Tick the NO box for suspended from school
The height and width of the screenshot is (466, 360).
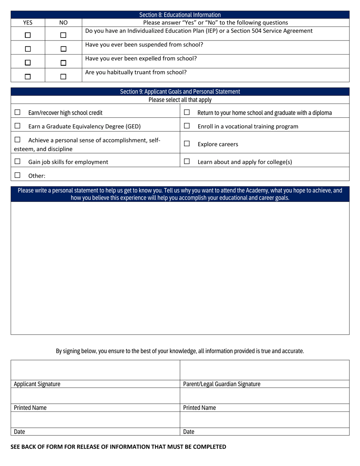pos(63,48)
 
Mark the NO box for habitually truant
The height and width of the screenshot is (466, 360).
pos(63,76)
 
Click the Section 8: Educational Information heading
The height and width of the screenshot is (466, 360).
pos(180,15)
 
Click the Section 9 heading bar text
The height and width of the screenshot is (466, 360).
pos(180,92)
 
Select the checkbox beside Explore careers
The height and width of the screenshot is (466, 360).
pos(186,144)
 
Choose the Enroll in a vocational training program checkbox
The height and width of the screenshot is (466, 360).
pos(186,126)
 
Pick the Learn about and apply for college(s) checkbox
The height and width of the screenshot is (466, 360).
pos(186,161)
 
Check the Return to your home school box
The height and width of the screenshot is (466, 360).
pos(186,112)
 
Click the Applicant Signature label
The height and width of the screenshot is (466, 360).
pos(37,384)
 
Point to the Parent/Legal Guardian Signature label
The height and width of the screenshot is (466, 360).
pos(222,384)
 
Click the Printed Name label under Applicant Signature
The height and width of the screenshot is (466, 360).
pos(30,408)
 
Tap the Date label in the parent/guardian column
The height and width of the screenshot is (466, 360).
pos(189,432)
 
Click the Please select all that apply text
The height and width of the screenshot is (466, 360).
pos(180,100)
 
